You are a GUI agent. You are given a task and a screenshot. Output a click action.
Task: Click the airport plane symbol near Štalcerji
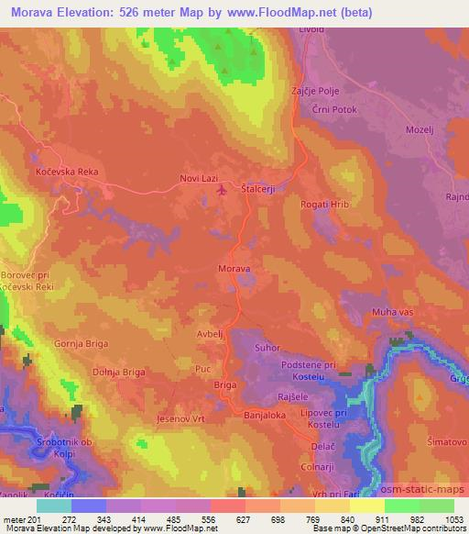(x=222, y=190)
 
